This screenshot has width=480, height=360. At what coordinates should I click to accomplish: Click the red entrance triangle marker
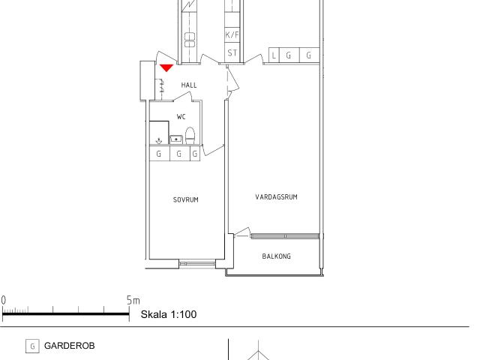(166, 67)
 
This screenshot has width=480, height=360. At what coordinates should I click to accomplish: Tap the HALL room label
(189, 85)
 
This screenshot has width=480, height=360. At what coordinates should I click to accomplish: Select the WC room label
(181, 117)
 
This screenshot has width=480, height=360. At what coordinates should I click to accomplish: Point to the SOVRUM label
(186, 199)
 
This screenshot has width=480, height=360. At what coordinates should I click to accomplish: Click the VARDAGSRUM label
(277, 196)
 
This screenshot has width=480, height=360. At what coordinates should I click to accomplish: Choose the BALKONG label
(277, 256)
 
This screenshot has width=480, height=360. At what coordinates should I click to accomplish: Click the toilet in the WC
(190, 136)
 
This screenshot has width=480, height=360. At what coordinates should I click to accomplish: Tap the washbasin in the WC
(176, 139)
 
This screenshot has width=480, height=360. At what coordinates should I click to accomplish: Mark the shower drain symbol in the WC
(159, 141)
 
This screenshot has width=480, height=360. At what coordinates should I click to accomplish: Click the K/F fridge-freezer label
(232, 34)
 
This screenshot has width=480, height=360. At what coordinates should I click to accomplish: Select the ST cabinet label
(232, 53)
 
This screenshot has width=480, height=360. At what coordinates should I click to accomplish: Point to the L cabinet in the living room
(274, 55)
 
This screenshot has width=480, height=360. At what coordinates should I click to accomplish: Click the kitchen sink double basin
(190, 40)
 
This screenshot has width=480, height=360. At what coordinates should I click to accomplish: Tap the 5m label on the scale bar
(133, 300)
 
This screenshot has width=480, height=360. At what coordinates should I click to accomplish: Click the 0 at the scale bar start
(3, 300)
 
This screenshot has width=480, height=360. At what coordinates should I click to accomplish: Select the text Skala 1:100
(169, 314)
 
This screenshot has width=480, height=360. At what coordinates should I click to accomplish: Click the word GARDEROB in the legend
(70, 346)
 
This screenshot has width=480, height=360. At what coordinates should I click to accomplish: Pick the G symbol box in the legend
(32, 346)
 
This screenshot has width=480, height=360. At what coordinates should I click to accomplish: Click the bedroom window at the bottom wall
(197, 263)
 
